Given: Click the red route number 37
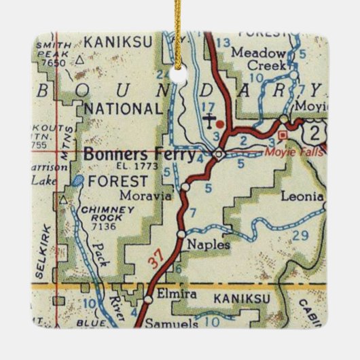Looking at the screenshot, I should (157, 259).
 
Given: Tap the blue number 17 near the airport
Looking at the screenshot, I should (209, 106).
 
